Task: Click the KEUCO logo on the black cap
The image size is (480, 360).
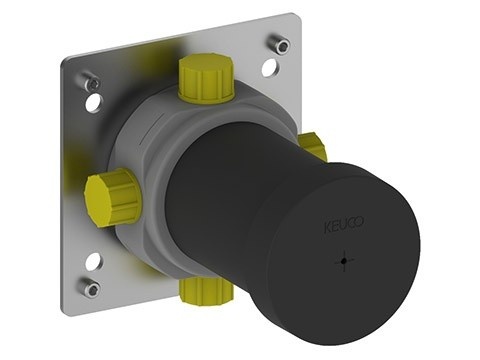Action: point(344,225)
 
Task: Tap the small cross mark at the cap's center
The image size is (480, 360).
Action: point(344,260)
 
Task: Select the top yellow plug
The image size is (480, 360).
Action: point(207,78)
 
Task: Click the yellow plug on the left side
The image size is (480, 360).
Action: point(112,197)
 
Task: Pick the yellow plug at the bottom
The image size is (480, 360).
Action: point(205,289)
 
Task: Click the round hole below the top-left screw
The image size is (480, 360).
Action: point(93,102)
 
